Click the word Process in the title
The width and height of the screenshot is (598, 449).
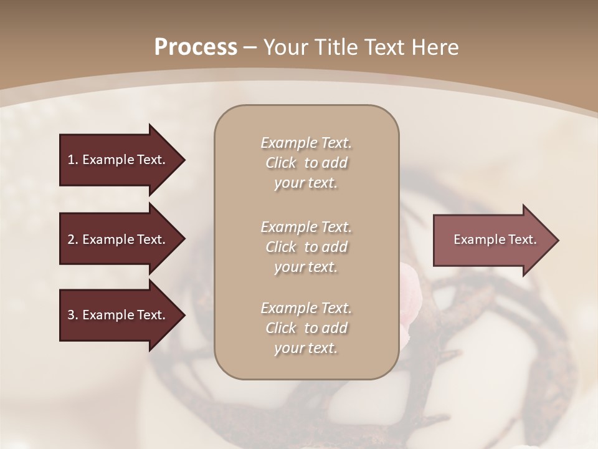point(196,47)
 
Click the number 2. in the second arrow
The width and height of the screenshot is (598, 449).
point(72,239)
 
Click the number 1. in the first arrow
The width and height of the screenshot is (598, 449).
point(72,160)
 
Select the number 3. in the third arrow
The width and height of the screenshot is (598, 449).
point(72,315)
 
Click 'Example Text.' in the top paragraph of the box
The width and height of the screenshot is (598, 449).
point(306,143)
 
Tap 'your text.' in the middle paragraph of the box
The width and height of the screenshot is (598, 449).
point(306,267)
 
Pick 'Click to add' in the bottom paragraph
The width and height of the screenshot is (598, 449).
point(306,328)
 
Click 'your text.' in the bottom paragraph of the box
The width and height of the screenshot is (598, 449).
point(306,348)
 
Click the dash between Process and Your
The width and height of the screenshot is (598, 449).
point(250,47)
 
